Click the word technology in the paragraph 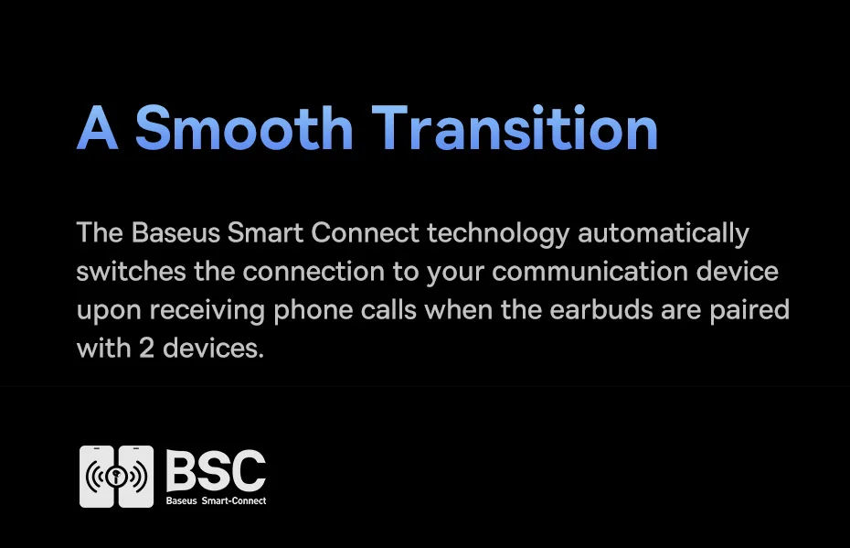[x=498, y=234]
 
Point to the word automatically [x=664, y=234]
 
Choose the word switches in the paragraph [x=131, y=272]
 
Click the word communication [x=590, y=272]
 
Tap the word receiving [x=207, y=311]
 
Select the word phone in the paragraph [x=313, y=311]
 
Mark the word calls [x=388, y=310]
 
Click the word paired [x=749, y=311]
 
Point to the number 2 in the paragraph [x=146, y=349]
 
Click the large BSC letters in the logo [x=216, y=470]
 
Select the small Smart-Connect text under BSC [x=234, y=500]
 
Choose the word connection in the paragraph [x=313, y=272]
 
